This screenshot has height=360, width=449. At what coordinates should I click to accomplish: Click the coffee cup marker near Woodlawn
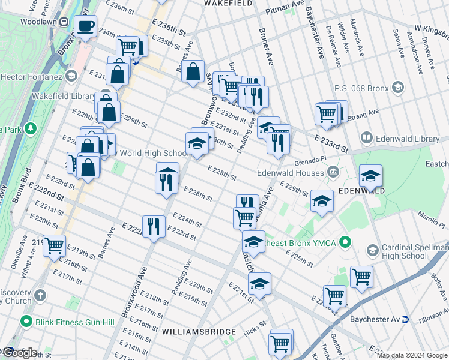85,26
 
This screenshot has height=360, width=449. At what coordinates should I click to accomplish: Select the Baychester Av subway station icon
405,320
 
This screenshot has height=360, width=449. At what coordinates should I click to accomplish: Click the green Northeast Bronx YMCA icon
345,242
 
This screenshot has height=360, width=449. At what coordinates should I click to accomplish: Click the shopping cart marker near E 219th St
55,245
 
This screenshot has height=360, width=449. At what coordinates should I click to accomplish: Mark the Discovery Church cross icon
40,295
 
